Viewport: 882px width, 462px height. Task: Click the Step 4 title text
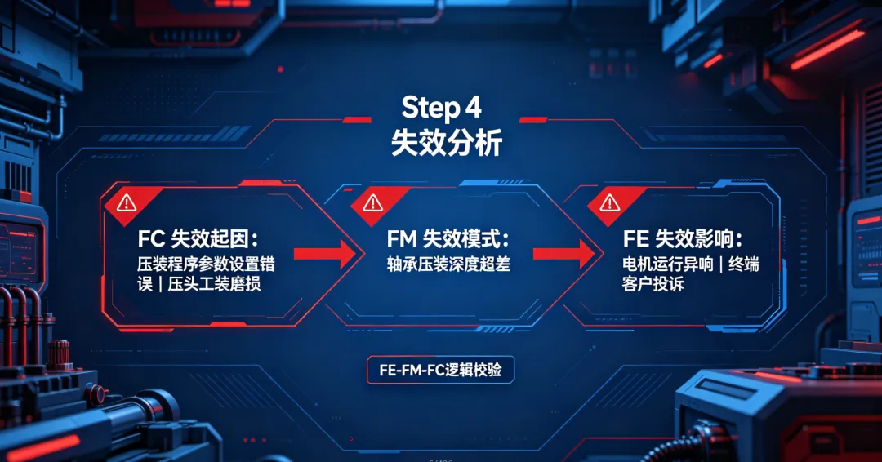point(441,108)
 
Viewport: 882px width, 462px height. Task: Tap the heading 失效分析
point(446,143)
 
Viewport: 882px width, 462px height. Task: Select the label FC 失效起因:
point(198,239)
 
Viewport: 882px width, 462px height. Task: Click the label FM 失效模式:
point(448,239)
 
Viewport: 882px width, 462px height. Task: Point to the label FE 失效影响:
point(682,239)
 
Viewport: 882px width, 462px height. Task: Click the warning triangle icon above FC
point(127,202)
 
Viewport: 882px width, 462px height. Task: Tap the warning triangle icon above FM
point(372,202)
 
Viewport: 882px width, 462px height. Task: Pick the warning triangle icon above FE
point(610,202)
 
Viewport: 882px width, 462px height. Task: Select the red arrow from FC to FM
point(325,254)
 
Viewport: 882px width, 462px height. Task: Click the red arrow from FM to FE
point(564,254)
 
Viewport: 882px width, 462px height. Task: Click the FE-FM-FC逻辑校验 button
point(440,370)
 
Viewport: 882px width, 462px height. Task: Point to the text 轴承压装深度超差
point(448,264)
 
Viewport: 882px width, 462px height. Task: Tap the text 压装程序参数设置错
point(206,264)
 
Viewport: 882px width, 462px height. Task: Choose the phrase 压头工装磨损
point(214,284)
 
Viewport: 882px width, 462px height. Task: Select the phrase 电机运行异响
point(668,264)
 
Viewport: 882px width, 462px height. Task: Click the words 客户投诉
point(653,284)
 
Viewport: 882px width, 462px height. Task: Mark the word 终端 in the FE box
point(744,264)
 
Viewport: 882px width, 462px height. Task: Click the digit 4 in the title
point(473,108)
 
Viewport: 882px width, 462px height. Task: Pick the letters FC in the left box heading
point(151,239)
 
